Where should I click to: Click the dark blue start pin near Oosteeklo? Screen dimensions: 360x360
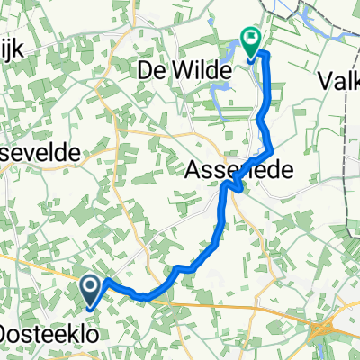tap(92, 288)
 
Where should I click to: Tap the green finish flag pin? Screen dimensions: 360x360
tap(251, 40)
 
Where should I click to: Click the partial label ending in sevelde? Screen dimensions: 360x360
tap(40, 153)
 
